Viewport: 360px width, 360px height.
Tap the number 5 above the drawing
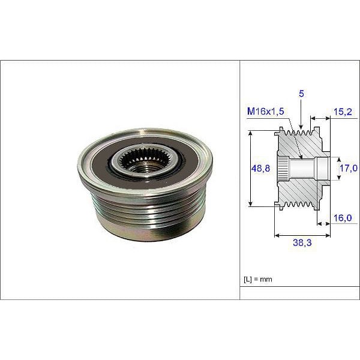pyautogui.click(x=301, y=94)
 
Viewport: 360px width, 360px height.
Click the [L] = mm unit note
pyautogui.click(x=258, y=280)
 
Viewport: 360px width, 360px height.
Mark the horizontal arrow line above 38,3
pyautogui.click(x=302, y=235)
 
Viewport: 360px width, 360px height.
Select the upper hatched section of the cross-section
pyautogui.click(x=300, y=144)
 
